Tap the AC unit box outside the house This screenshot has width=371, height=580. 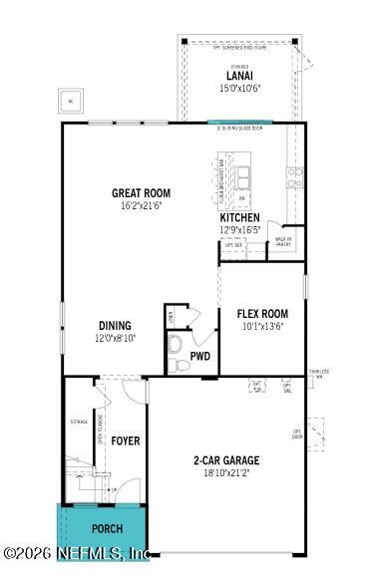[71, 102]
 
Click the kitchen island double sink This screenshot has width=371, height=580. [242, 169]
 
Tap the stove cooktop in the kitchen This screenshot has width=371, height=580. [295, 177]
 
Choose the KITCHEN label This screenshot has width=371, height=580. [240, 217]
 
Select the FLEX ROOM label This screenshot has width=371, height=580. [261, 312]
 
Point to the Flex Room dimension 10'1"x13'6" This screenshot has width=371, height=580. [261, 325]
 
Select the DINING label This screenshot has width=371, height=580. [115, 325]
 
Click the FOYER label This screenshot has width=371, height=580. [125, 440]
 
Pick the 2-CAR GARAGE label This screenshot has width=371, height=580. [225, 460]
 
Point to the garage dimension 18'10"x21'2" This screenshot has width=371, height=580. [225, 474]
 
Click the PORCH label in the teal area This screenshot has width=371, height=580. [107, 528]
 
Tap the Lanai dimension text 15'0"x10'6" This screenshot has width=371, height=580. [238, 89]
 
